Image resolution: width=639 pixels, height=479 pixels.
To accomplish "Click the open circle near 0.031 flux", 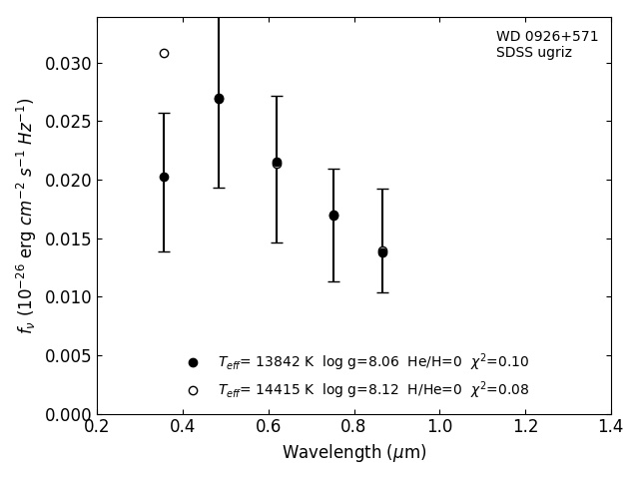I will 164,53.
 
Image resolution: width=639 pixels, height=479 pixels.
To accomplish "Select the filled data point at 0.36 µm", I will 164,177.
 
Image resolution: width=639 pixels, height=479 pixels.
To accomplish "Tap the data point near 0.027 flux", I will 219,99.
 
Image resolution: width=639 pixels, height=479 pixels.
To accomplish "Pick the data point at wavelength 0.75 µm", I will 333,216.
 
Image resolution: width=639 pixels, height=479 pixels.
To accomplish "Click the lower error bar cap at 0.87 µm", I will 382,292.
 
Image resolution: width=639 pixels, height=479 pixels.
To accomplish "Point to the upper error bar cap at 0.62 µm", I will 277,96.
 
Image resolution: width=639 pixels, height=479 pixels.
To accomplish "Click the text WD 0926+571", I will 547,37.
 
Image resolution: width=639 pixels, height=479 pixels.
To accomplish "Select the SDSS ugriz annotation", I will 534,53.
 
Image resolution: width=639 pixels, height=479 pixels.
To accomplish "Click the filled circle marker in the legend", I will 194,362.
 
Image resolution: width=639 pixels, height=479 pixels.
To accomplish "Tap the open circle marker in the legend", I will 194,390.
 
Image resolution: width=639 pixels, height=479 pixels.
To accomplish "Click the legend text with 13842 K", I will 373,362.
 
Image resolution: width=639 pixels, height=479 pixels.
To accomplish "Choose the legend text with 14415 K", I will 373,390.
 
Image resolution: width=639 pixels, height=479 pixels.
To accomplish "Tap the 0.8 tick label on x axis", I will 353,427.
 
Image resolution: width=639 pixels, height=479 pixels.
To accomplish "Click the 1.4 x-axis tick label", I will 611,427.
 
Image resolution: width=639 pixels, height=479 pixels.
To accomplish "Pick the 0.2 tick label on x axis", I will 97,427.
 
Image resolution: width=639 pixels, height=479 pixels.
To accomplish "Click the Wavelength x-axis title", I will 353,453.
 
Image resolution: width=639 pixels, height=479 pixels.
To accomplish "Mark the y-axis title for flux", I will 26,216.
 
